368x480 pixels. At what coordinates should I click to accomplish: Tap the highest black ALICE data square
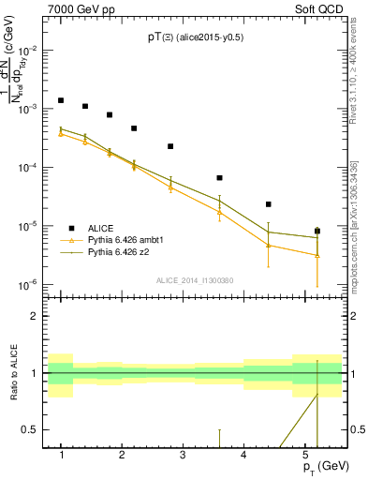[x=61, y=100]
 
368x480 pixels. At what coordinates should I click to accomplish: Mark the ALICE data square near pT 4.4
[x=268, y=203]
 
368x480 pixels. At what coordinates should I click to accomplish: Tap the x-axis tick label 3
[x=183, y=455]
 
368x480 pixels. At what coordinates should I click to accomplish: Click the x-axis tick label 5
[x=304, y=455]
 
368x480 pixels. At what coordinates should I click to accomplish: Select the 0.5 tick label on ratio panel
[x=33, y=430]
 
